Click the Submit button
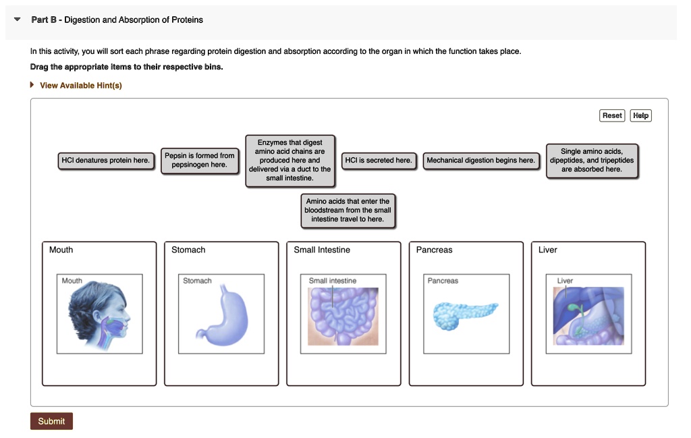click(x=51, y=421)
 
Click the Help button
click(x=640, y=115)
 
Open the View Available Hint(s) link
click(x=80, y=86)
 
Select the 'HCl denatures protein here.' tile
click(x=105, y=161)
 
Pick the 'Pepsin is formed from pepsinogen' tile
click(x=200, y=161)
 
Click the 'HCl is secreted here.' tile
click(x=379, y=161)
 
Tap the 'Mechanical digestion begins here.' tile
click(x=480, y=161)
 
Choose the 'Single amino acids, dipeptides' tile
click(x=592, y=161)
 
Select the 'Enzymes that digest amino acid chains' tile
click(x=290, y=161)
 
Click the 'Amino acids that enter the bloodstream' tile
click(x=348, y=211)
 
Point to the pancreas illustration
click(x=465, y=315)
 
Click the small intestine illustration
click(x=343, y=316)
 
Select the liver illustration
click(x=588, y=316)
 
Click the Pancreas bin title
click(x=434, y=250)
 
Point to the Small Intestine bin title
click(x=322, y=250)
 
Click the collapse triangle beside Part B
click(x=17, y=20)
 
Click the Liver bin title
click(x=547, y=250)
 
